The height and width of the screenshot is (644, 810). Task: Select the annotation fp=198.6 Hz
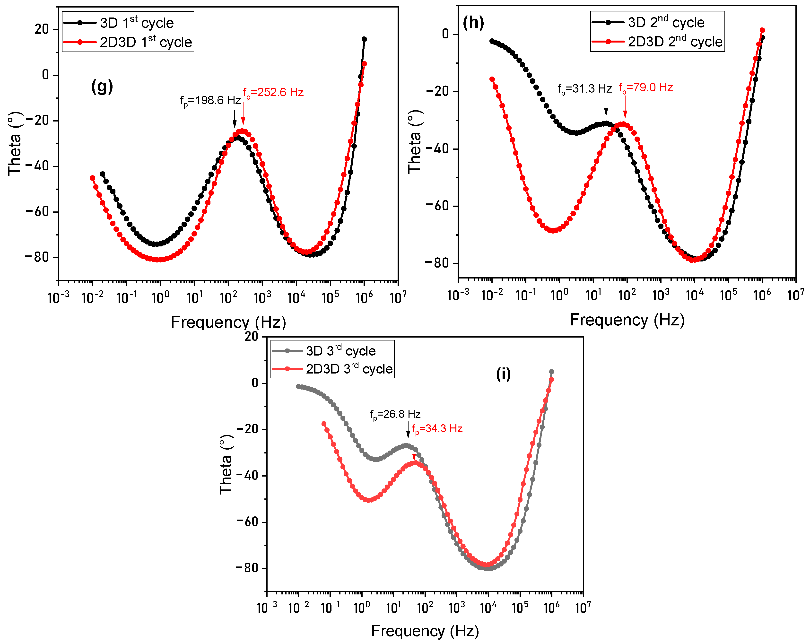click(210, 100)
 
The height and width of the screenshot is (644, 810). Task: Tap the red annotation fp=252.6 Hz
click(273, 92)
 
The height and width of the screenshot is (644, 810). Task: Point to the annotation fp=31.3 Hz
click(584, 89)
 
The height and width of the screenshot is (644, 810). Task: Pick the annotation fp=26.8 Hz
click(395, 414)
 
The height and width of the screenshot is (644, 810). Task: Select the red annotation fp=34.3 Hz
click(437, 429)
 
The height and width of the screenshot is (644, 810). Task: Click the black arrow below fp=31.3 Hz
click(606, 107)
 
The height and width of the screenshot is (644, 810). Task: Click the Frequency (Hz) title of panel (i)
click(425, 631)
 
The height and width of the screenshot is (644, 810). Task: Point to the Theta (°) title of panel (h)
click(415, 142)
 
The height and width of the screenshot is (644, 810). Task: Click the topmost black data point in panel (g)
click(364, 39)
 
